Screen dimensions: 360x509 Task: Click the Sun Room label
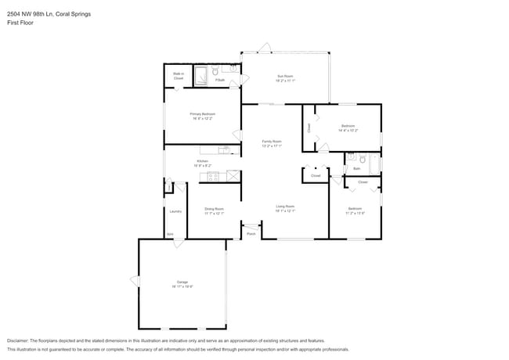(x=284, y=76)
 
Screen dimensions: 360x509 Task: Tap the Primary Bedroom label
(x=202, y=114)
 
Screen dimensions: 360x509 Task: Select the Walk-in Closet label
(x=179, y=77)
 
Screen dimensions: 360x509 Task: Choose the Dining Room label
(x=214, y=208)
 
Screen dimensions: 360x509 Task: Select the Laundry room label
(x=175, y=211)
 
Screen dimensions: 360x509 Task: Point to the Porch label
(x=251, y=234)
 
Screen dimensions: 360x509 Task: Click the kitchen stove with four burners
(x=211, y=176)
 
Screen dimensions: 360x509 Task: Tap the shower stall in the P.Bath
(x=200, y=76)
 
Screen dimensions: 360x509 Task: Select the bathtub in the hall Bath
(x=375, y=164)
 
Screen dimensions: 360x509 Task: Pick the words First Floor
(x=20, y=23)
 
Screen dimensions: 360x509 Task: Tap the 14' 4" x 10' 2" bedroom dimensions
(x=348, y=131)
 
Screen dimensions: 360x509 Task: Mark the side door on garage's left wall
(x=135, y=281)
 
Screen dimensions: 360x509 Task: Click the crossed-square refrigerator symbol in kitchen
(x=232, y=176)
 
